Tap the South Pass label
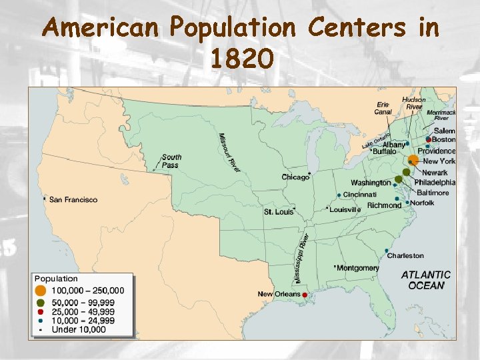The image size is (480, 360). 171,161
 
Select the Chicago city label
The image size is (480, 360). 295,177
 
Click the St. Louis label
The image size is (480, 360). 278,212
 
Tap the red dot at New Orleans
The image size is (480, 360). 305,295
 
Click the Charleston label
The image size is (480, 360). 405,255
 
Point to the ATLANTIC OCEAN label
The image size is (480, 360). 425,279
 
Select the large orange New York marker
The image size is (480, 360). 413,160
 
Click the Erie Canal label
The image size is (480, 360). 383,108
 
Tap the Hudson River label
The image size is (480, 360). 414,103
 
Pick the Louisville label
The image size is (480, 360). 345,209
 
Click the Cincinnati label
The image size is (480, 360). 360,194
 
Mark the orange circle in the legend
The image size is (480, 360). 41,291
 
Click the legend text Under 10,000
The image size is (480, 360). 79,329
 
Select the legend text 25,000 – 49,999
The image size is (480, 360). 83,311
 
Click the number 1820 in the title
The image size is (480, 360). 241,60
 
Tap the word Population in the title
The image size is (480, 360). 231,28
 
